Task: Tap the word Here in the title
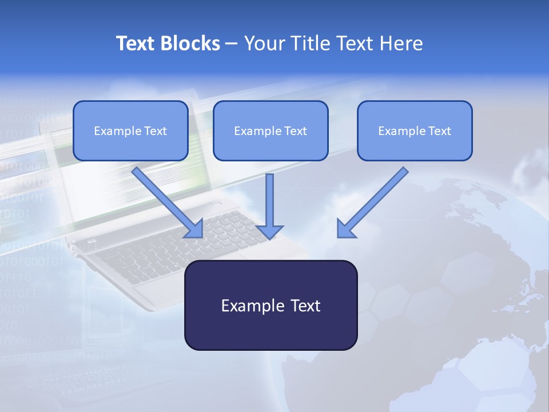pyautogui.click(x=402, y=43)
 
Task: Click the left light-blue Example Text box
pyautogui.click(x=130, y=131)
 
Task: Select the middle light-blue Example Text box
pyautogui.click(x=270, y=131)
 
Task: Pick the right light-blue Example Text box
pyautogui.click(x=415, y=131)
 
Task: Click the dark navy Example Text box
pyautogui.click(x=270, y=306)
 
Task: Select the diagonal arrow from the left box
pyautogui.click(x=166, y=200)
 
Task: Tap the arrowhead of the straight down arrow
pyautogui.click(x=269, y=231)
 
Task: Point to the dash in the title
pyautogui.click(x=232, y=43)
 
